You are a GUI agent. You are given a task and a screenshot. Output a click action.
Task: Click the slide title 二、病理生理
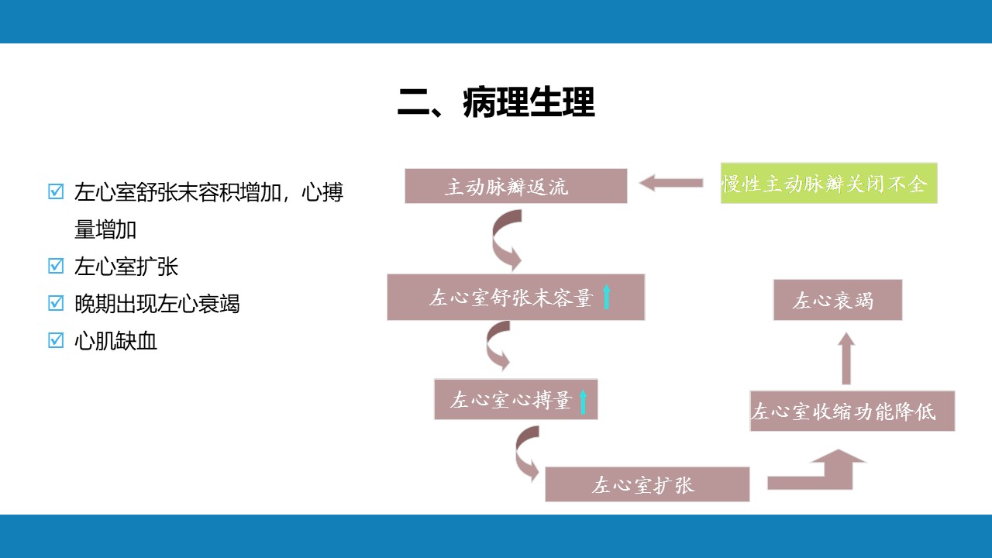496,103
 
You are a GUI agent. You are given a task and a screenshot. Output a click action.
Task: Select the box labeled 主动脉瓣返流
515,186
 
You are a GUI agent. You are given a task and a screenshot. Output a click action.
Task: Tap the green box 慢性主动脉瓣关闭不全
828,184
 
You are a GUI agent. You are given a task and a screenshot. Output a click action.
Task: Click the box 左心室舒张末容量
515,297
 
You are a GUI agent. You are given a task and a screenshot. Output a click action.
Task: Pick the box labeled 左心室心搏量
515,400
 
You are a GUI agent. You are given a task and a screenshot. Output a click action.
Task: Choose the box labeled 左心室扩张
647,484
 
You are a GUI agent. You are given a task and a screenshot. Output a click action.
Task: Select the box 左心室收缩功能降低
852,411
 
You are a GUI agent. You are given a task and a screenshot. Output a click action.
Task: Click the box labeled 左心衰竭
837,300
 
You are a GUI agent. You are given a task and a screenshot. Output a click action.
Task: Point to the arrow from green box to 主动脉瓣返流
670,184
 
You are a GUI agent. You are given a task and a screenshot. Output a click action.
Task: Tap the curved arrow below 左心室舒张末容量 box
498,346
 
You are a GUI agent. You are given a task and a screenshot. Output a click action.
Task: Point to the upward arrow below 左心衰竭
846,358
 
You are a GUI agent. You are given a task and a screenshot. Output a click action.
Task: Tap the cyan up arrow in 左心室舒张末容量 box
607,297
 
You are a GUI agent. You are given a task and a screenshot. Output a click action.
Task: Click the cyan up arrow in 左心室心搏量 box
584,401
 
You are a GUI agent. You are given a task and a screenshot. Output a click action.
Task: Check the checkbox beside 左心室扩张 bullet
56,266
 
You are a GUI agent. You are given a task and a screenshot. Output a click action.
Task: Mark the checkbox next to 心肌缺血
56,340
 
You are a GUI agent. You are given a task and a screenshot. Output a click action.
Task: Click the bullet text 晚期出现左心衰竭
157,304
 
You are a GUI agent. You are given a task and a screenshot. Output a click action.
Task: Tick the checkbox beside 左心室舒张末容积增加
56,191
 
